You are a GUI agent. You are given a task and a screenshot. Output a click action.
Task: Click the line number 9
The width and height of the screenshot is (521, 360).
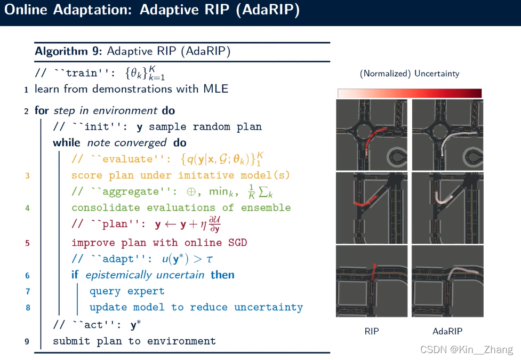click(x=27, y=341)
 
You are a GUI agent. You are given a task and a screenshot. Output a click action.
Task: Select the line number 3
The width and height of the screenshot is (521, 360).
click(x=27, y=175)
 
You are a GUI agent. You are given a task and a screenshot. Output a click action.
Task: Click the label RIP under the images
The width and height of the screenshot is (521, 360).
click(x=372, y=331)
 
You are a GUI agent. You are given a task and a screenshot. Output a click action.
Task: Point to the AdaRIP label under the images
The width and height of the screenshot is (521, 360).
click(x=447, y=331)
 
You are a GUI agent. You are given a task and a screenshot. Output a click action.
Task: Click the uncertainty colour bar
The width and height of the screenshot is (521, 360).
click(x=410, y=93)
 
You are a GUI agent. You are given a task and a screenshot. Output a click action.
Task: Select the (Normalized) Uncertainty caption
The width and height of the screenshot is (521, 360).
click(x=410, y=74)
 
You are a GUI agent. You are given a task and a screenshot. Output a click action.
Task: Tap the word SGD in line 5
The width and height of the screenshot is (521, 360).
click(x=237, y=243)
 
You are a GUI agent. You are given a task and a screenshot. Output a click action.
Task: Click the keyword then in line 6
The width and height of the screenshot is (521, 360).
click(x=222, y=275)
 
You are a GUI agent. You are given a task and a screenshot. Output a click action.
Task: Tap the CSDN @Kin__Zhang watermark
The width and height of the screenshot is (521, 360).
click(x=466, y=350)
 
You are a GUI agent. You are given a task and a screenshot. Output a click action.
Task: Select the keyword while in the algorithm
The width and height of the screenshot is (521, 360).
click(x=66, y=143)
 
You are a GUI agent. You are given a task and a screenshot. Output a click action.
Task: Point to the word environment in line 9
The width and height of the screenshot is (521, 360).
click(x=181, y=341)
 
